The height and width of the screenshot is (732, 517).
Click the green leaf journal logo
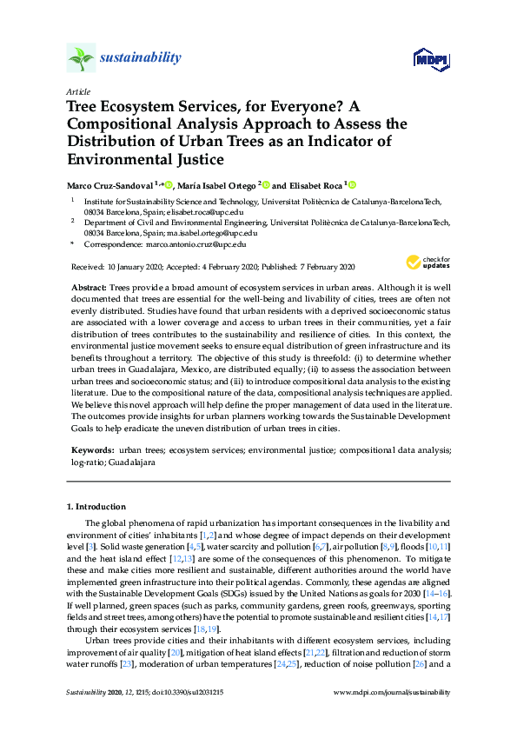point(81,59)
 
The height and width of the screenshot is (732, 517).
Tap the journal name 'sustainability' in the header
point(141,58)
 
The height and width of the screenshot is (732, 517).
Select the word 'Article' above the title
point(77,91)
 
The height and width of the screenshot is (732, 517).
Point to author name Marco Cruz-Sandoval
point(110,185)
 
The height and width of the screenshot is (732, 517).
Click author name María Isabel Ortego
point(217,185)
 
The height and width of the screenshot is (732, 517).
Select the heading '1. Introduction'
point(96,506)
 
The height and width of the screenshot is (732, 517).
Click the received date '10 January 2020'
point(136,266)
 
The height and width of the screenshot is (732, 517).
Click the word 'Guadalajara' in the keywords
point(132,462)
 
